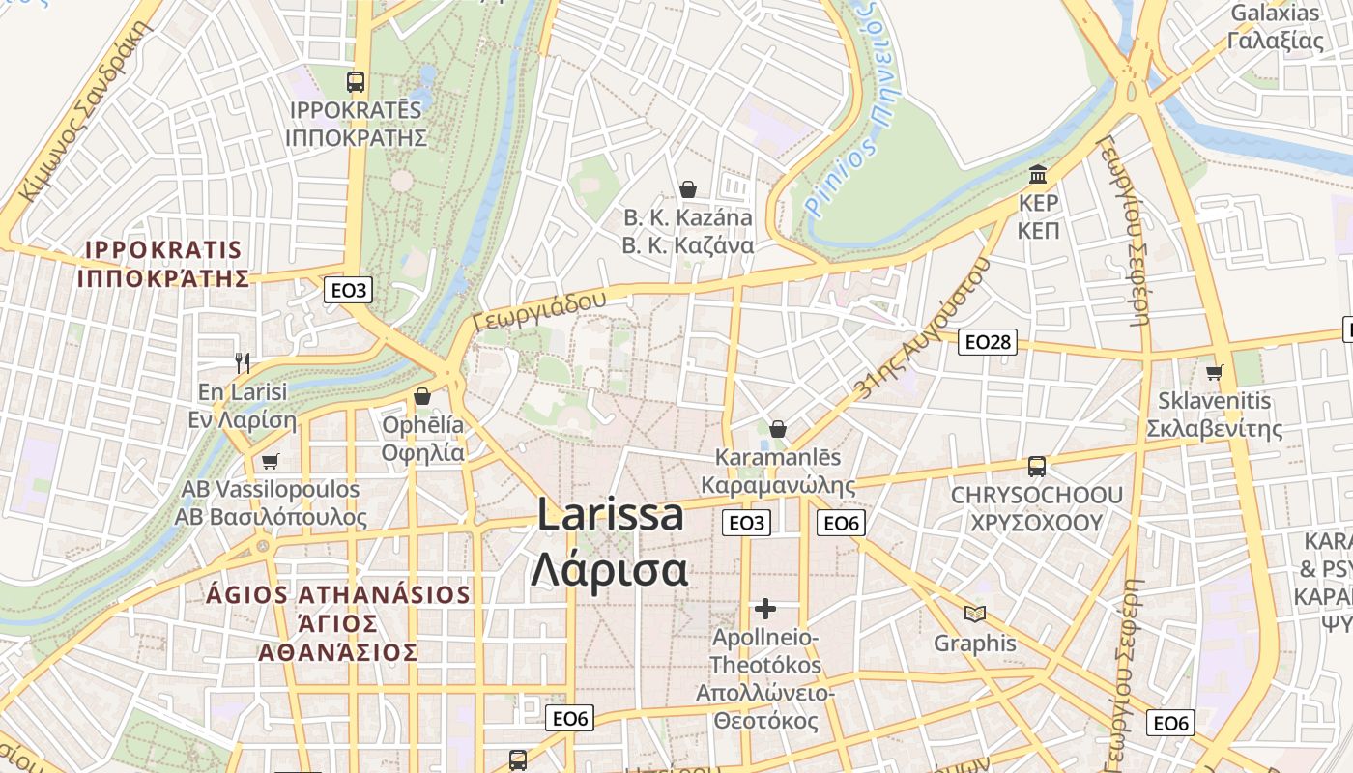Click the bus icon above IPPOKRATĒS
pos(356,82)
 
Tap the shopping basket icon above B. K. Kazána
pos(688,188)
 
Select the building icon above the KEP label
pos(1039,175)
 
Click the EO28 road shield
pos(988,341)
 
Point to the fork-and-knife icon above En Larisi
pos(243,363)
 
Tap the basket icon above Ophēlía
pos(422,396)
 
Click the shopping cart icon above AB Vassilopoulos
pos(270,461)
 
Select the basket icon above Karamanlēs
pos(778,428)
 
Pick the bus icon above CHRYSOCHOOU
pos(1037,467)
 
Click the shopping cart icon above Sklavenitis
pos(1215,372)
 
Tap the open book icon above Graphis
pos(975,614)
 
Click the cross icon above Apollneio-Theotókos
pos(765,609)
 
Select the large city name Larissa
pos(610,515)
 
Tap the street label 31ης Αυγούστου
pos(923,329)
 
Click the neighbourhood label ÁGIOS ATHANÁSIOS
pos(338,594)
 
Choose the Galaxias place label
pos(1275,14)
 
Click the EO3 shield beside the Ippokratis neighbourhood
pos(349,289)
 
